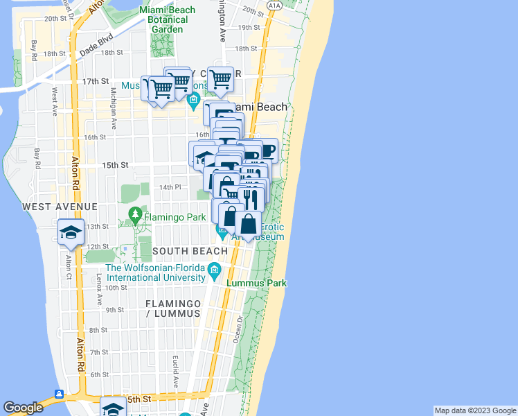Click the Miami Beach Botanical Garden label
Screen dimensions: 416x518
click(x=167, y=20)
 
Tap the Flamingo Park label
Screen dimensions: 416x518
click(x=175, y=217)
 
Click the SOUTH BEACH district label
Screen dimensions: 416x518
click(x=190, y=251)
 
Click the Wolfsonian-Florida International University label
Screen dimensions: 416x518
click(x=155, y=272)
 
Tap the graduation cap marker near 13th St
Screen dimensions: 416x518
click(x=71, y=232)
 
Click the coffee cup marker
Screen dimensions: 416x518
click(x=267, y=150)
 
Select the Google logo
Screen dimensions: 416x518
click(x=23, y=408)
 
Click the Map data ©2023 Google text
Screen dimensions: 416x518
click(x=475, y=410)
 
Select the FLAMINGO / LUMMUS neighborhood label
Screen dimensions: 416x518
click(x=173, y=309)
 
